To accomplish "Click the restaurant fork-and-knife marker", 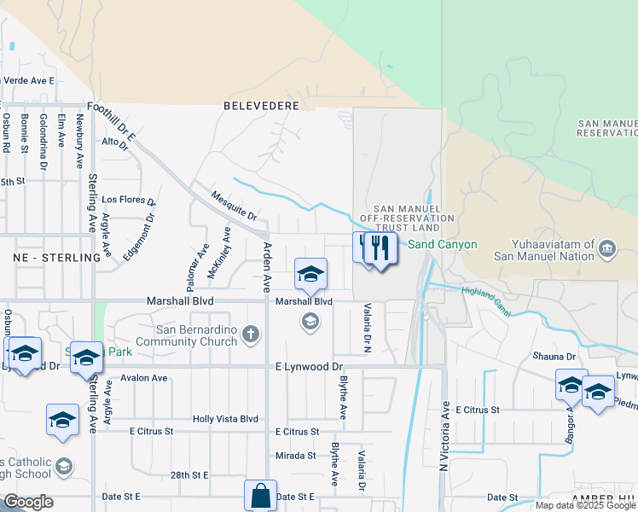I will click(x=380, y=248).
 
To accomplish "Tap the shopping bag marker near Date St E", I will click(x=260, y=496).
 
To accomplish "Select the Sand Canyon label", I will click(x=442, y=245).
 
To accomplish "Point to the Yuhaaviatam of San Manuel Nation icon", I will click(x=607, y=249).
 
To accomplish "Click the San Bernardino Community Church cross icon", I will click(x=251, y=333).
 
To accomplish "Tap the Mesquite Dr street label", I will click(x=234, y=206).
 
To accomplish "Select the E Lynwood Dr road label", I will click(x=301, y=367).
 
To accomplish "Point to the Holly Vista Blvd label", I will click(x=225, y=419).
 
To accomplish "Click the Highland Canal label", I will click(x=485, y=302).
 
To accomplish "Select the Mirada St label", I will click(x=297, y=456).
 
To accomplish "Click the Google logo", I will click(x=29, y=502).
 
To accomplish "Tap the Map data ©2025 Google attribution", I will click(x=585, y=505).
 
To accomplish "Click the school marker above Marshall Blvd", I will click(x=310, y=274).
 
